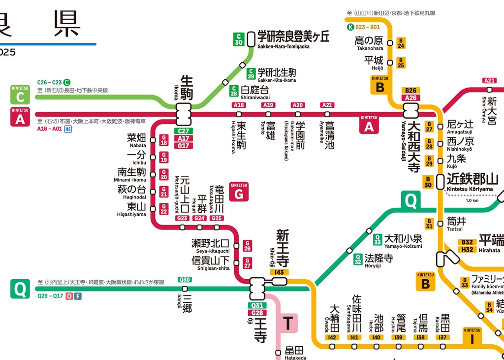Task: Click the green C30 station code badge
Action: pyautogui.click(x=239, y=39)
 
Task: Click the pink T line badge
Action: pyautogui.click(x=288, y=324)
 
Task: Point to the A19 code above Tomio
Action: pyautogui.click(x=268, y=105)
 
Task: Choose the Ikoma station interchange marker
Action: pyautogui.click(x=184, y=114)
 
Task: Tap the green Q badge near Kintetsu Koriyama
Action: pyautogui.click(x=411, y=200)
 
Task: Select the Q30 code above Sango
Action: pyautogui.click(x=185, y=280)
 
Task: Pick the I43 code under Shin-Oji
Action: pyautogui.click(x=280, y=272)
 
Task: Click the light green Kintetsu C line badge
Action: pyautogui.click(x=20, y=95)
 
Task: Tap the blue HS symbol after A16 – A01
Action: pyautogui.click(x=68, y=129)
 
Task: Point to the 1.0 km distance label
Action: pyautogui.click(x=472, y=200)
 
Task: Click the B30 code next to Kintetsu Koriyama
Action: pyautogui.click(x=428, y=182)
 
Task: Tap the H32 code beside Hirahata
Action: pyautogui.click(x=467, y=250)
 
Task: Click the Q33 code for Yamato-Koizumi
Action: pyautogui.click(x=378, y=239)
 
